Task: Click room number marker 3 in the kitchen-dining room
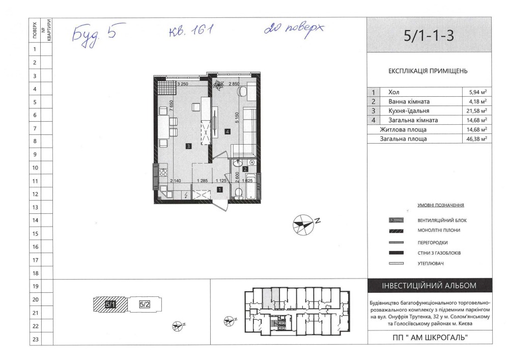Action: click(188, 147)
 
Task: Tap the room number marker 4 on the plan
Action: click(228, 131)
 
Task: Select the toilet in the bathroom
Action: click(238, 192)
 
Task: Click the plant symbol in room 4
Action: click(218, 85)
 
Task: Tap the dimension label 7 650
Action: click(172, 105)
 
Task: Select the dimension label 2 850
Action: click(234, 84)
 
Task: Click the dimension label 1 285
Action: click(202, 181)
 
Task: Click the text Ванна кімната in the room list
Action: click(409, 102)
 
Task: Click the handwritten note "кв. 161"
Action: click(191, 31)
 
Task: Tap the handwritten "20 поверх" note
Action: click(294, 29)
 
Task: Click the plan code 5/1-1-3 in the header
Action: click(429, 35)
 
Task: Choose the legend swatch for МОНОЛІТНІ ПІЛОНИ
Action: click(396, 231)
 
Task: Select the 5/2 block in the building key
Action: click(145, 304)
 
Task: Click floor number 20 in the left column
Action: click(35, 299)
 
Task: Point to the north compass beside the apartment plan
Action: click(303, 224)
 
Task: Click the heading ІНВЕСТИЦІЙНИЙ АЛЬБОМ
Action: click(429, 286)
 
